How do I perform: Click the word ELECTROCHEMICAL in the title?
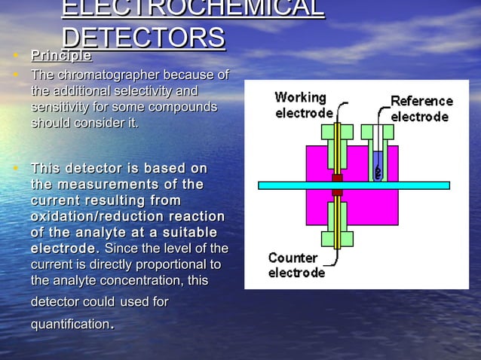192,9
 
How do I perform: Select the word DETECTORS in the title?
143,38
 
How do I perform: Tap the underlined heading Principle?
61,56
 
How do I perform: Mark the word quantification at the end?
70,325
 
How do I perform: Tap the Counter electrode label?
296,264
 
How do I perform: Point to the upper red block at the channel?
337,178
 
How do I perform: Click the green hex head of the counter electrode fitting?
337,239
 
